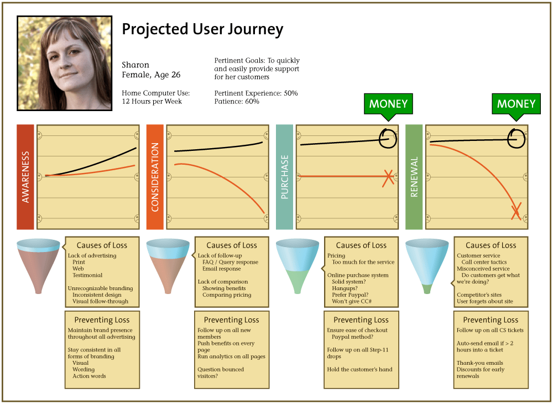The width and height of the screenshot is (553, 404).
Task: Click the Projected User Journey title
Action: click(202, 29)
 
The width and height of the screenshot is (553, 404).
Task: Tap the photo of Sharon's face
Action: click(65, 63)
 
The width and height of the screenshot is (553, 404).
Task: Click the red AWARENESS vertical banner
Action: click(25, 177)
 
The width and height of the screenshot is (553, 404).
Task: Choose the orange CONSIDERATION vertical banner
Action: click(155, 177)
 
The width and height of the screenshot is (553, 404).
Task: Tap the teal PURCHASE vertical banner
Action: click(284, 177)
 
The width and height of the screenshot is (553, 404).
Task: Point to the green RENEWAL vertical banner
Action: click(414, 177)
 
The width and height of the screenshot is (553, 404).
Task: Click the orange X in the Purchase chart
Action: click(388, 177)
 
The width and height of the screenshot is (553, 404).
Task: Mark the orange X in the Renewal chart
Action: click(516, 211)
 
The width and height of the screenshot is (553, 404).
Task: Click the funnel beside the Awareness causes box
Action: click(39, 266)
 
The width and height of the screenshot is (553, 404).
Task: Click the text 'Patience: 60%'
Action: click(237, 102)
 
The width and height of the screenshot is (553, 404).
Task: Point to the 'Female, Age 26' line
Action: click(151, 75)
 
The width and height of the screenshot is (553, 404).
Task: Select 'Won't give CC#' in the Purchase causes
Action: click(352, 301)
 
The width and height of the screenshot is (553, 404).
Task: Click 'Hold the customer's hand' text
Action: click(359, 369)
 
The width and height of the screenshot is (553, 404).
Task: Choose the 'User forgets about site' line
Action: click(484, 301)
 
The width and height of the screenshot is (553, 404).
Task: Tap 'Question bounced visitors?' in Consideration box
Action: click(221, 372)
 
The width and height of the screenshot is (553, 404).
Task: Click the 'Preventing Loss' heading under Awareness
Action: click(102, 320)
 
